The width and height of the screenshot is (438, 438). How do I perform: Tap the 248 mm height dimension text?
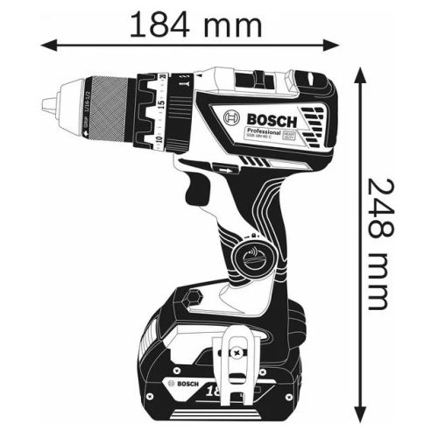pos(376,244)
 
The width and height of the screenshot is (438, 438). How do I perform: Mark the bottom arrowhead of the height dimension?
pos(359,415)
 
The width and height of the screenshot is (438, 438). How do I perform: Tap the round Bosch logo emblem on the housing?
pos(231,121)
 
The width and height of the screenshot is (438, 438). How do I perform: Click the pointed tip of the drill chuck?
pos(46,104)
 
